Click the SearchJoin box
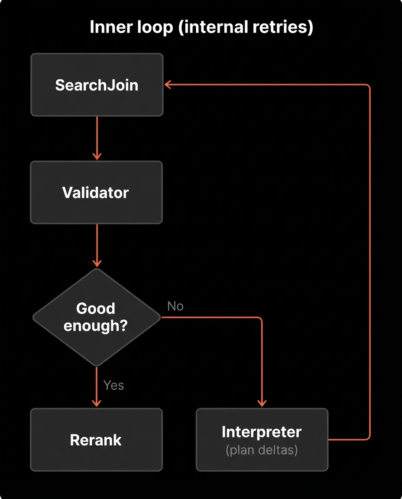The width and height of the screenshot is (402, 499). (x=97, y=85)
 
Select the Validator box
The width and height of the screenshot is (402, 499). (x=96, y=192)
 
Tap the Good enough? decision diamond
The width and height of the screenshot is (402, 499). (x=96, y=318)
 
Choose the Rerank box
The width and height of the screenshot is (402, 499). (x=96, y=440)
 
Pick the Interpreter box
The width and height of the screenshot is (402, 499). (x=262, y=440)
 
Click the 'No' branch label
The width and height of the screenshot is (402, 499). (x=175, y=306)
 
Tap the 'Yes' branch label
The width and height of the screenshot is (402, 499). (x=113, y=385)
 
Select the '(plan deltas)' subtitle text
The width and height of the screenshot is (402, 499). (x=262, y=450)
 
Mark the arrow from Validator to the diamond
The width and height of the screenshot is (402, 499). (x=97, y=245)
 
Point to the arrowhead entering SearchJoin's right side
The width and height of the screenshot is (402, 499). (x=169, y=85)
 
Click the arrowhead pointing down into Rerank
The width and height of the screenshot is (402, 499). (x=97, y=403)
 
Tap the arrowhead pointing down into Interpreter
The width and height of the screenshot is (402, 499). (x=262, y=403)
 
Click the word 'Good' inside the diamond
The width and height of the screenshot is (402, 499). (x=96, y=308)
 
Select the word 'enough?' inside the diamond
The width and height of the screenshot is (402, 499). (x=96, y=326)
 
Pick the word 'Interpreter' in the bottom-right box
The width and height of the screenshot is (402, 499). (x=262, y=432)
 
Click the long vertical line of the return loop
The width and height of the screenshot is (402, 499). (x=370, y=260)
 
